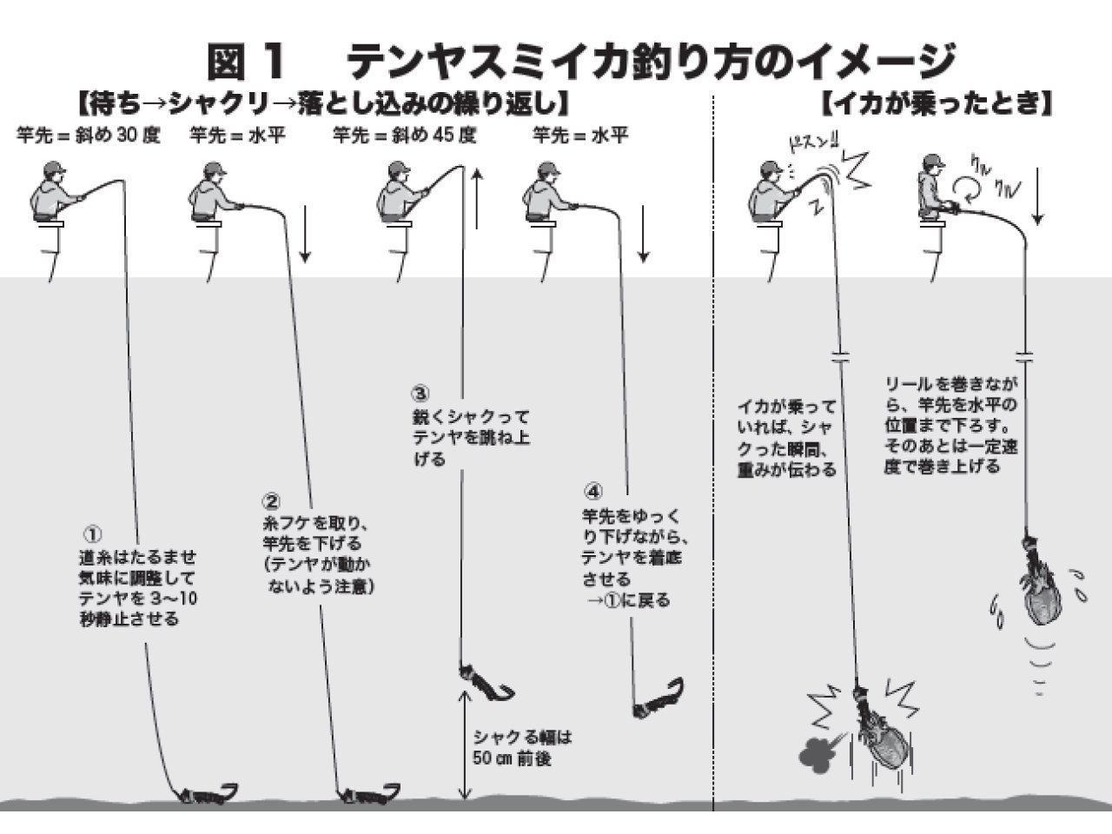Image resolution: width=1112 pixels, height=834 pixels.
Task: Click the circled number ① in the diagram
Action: tap(91, 533)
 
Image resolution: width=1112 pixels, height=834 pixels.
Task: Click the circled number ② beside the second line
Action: tap(271, 502)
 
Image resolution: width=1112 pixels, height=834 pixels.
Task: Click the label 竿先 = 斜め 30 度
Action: tap(89, 136)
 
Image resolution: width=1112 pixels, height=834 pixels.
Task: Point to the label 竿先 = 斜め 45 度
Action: tap(405, 136)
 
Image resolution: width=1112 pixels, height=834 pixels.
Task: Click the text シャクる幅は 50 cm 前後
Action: tap(523, 747)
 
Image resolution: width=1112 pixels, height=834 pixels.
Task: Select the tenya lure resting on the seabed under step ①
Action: tap(208, 792)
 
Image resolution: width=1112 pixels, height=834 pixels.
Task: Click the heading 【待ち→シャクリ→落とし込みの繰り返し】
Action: tap(321, 105)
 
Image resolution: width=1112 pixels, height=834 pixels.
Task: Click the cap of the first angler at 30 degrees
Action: tap(53, 167)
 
